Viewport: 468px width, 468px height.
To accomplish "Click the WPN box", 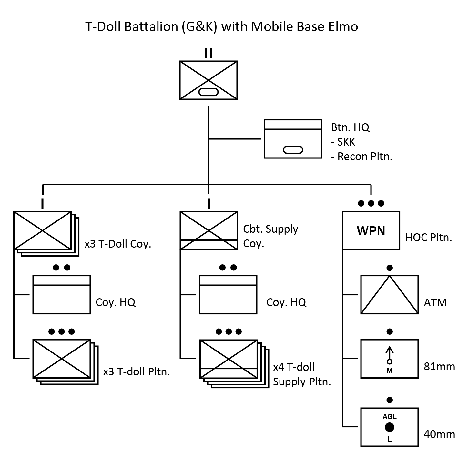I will click(x=371, y=230).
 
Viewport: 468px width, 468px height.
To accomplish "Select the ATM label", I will click(x=435, y=303).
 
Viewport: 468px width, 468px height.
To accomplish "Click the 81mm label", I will click(x=439, y=367).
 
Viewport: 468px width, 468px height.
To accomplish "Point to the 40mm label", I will click(x=439, y=434).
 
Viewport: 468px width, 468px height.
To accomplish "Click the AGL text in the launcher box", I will click(x=390, y=417).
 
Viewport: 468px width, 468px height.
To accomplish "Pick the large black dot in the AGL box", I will click(x=390, y=427).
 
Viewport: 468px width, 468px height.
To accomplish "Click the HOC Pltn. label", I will click(x=429, y=238).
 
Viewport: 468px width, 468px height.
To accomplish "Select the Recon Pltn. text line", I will click(x=361, y=157).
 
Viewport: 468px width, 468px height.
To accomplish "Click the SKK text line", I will click(x=343, y=142).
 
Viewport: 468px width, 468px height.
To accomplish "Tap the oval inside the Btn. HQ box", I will click(x=293, y=150).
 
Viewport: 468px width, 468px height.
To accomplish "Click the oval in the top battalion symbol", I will click(x=209, y=92).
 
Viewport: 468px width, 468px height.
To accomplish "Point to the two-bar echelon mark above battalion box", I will click(x=209, y=54).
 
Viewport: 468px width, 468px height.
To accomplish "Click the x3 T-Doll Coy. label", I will click(x=118, y=244).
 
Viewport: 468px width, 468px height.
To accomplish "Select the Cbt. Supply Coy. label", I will click(x=270, y=236).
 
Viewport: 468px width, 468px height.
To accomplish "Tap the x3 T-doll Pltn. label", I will click(x=136, y=372).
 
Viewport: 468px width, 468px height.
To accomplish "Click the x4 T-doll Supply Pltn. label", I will click(x=302, y=374).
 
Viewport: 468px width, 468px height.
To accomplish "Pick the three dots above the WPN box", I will click(x=371, y=203).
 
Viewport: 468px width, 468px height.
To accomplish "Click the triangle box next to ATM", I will click(x=389, y=294).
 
